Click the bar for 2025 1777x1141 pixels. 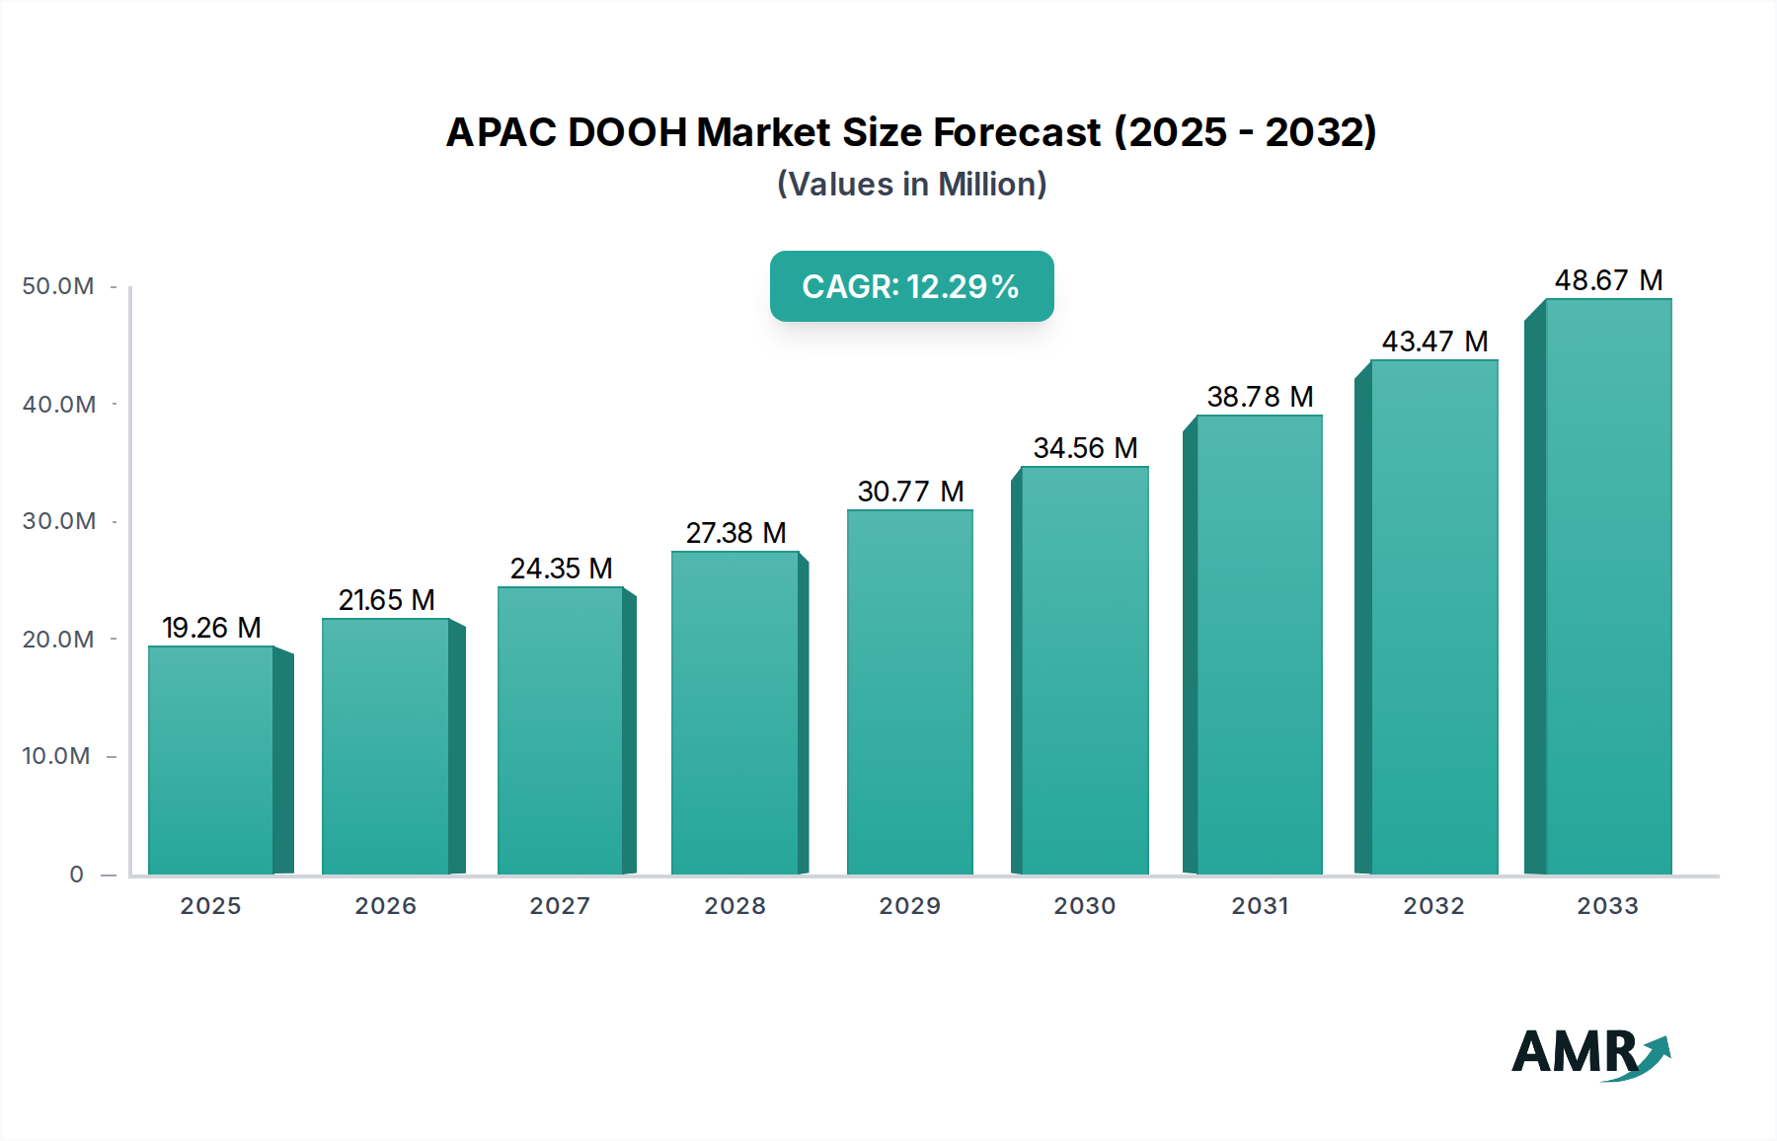[x=210, y=760]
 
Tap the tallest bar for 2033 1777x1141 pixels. [x=1608, y=586]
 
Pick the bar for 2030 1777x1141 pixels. [x=1084, y=670]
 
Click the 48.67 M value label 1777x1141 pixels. [x=1608, y=280]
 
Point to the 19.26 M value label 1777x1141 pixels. [x=211, y=628]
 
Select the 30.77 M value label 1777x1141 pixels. [x=910, y=492]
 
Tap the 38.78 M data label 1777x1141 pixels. [x=1260, y=397]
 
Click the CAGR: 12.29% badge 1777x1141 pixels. [x=911, y=286]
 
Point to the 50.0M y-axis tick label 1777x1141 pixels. [x=58, y=286]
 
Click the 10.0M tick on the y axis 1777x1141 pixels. [x=56, y=756]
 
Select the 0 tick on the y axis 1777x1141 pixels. [x=76, y=875]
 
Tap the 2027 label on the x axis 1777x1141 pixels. [x=560, y=906]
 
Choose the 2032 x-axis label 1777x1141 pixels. [x=1433, y=906]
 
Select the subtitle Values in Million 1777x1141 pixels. [x=911, y=185]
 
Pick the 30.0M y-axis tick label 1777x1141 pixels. [x=58, y=521]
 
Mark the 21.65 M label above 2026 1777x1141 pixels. [x=386, y=600]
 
